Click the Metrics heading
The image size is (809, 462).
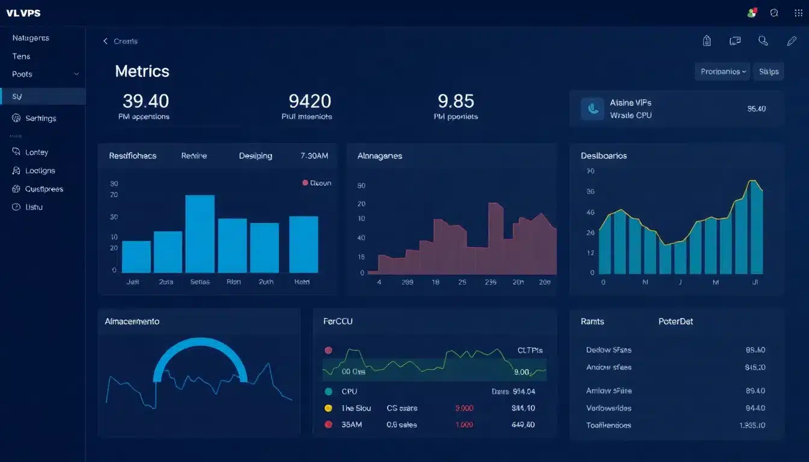(142, 71)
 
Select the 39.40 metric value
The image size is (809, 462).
(146, 100)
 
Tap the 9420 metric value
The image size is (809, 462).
(309, 100)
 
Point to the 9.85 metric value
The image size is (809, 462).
(456, 100)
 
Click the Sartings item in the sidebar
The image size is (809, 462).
(41, 119)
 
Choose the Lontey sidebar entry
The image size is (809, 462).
(37, 153)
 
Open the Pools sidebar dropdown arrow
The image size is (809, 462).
(76, 74)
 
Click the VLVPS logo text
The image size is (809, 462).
(23, 13)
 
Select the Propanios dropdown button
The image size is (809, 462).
(722, 72)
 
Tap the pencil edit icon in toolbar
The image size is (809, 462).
(792, 41)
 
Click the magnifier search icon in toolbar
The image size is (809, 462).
(763, 41)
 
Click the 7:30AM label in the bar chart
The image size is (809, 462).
(314, 156)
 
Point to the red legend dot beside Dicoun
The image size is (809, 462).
(305, 183)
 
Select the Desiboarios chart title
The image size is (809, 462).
(604, 156)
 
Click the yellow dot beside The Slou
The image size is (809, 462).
(328, 408)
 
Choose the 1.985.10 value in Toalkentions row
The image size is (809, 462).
(752, 425)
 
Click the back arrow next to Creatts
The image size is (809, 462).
(105, 41)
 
